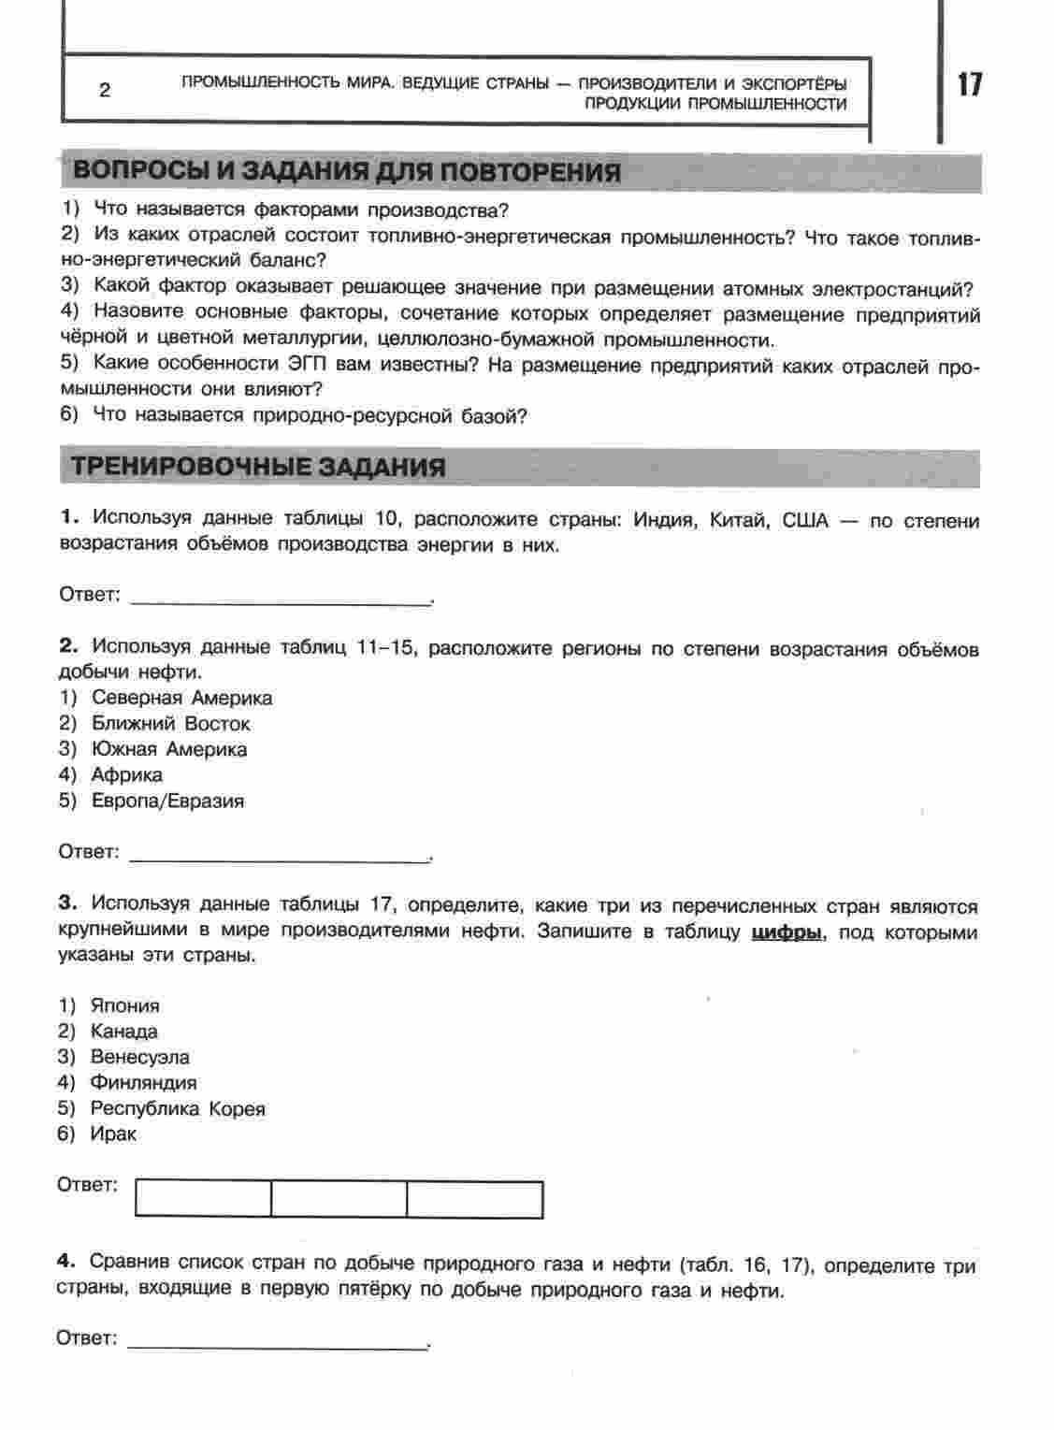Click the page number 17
click(970, 84)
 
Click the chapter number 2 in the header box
click(105, 91)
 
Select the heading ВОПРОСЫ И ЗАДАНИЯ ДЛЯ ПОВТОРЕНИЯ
click(347, 172)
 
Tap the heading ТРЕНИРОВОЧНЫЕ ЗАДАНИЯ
click(259, 467)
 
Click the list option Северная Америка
click(181, 698)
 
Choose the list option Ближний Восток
click(170, 724)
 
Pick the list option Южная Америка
click(169, 749)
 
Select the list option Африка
click(126, 774)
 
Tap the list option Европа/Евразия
click(167, 801)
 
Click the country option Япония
click(124, 1006)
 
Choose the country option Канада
click(123, 1032)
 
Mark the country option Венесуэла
click(139, 1057)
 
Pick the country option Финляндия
click(143, 1083)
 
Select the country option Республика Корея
click(178, 1109)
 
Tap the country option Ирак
click(113, 1134)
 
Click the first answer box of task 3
click(203, 1199)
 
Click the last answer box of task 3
click(475, 1199)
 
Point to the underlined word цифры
click(787, 932)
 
